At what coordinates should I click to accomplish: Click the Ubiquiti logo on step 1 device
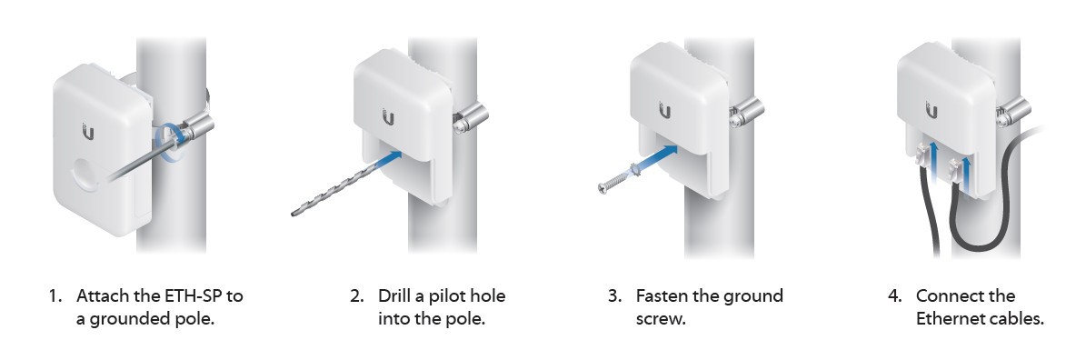pos(88,131)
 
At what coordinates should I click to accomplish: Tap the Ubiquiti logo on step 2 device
pos(388,117)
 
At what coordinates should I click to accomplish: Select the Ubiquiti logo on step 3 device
pos(664,110)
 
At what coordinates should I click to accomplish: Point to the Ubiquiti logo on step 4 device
pos(932,110)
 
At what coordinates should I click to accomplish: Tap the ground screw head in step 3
pos(603,187)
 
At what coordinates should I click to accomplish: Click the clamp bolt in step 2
pos(470,117)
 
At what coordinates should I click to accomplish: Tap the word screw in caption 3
pos(659,320)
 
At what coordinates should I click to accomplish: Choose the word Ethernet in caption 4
pos(949,319)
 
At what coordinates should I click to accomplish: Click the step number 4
pos(894,296)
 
